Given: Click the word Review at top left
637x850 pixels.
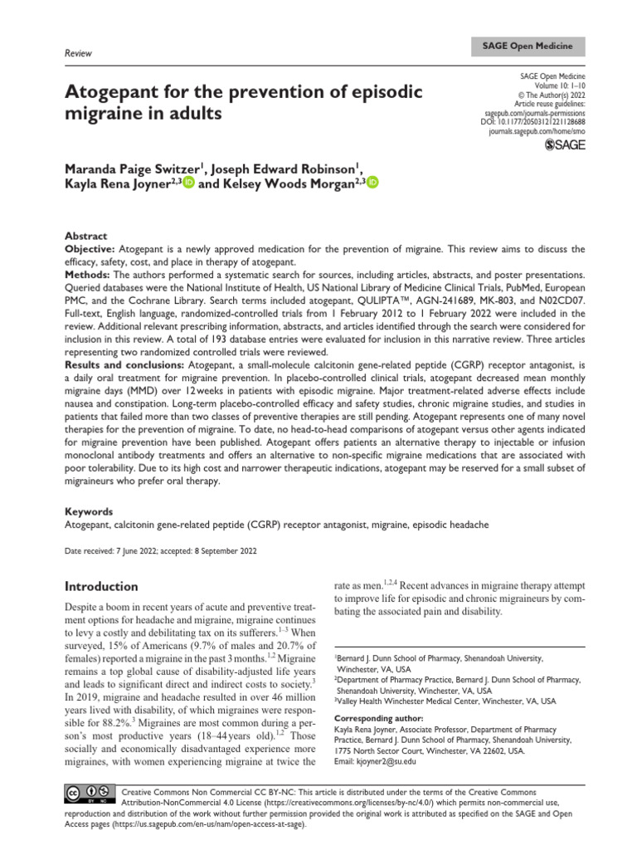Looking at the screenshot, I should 77,53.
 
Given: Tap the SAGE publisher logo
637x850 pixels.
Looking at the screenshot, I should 563,145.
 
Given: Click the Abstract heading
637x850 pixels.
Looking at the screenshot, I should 85,237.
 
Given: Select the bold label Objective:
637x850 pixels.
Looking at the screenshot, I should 90,249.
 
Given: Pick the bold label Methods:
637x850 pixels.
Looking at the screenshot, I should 87,274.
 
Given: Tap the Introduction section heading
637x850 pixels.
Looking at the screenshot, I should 101,586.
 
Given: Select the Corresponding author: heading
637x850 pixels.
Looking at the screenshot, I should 377,717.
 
